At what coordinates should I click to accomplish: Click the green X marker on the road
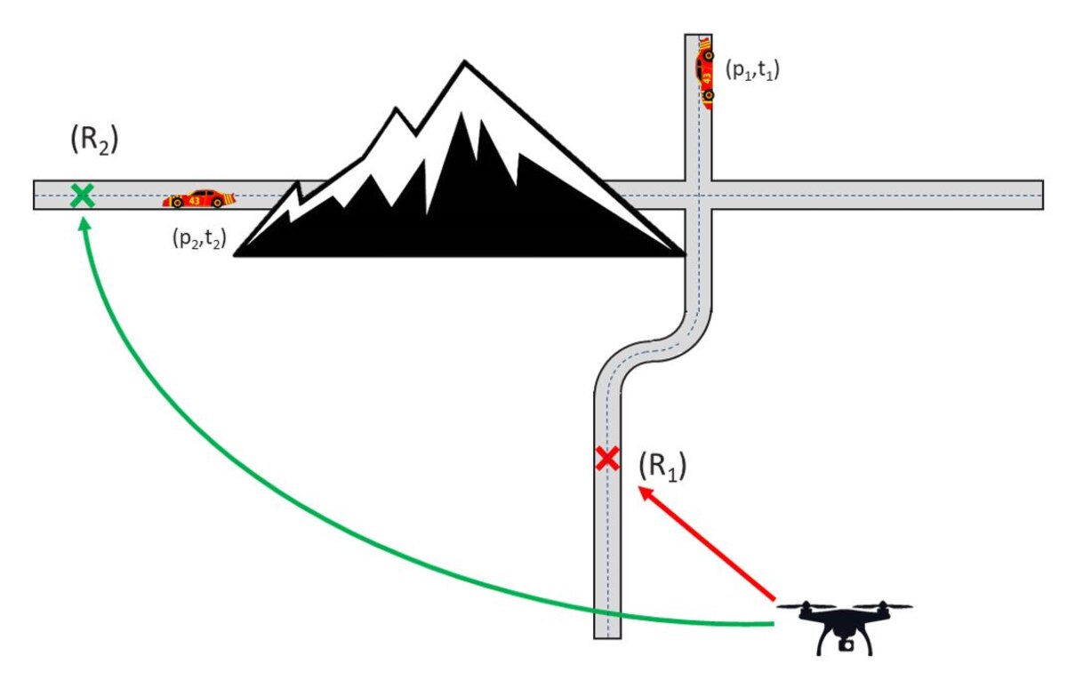[x=83, y=196]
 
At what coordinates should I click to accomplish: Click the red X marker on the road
[x=608, y=459]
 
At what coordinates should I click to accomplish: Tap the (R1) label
[x=662, y=467]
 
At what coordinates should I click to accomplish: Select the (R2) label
[x=94, y=140]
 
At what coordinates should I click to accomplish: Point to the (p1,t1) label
[x=752, y=70]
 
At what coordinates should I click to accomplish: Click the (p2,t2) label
[x=199, y=238]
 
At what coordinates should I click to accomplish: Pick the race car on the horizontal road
[x=199, y=199]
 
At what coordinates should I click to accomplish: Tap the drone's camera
[x=846, y=645]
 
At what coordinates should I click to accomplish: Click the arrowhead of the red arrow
[x=646, y=493]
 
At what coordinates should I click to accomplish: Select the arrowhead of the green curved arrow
[x=84, y=224]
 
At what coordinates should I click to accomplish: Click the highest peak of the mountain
[x=464, y=62]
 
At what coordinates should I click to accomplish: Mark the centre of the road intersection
[x=699, y=196]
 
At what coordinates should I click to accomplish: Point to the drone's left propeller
[x=806, y=606]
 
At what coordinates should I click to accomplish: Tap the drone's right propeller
[x=884, y=606]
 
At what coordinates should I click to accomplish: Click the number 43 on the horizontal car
[x=195, y=201]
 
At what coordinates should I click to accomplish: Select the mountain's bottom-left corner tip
[x=235, y=255]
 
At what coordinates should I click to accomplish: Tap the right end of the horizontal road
[x=1043, y=196]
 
